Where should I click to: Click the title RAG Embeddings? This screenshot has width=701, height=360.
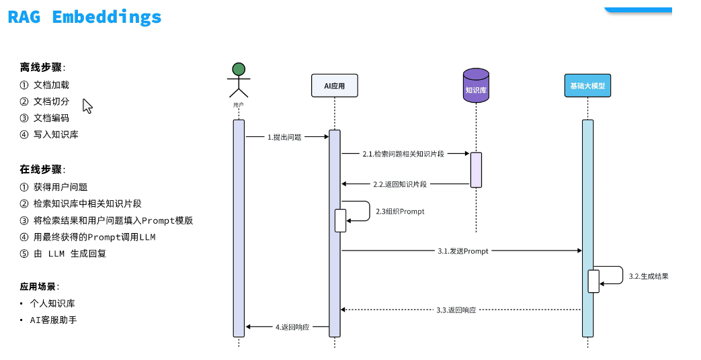pyautogui.click(x=85, y=17)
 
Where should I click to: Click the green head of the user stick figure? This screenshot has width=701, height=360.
pyautogui.click(x=238, y=69)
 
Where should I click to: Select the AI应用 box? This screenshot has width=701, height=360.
pyautogui.click(x=334, y=86)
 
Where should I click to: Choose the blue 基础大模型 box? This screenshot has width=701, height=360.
pyautogui.click(x=587, y=86)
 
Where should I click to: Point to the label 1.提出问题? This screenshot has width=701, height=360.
pyautogui.click(x=284, y=137)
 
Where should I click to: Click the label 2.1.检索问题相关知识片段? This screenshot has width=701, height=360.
pyautogui.click(x=403, y=154)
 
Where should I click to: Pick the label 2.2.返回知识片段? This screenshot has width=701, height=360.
pyautogui.click(x=400, y=184)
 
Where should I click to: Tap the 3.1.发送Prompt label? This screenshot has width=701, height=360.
pyautogui.click(x=462, y=251)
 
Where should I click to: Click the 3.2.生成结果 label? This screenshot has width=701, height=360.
pyautogui.click(x=649, y=276)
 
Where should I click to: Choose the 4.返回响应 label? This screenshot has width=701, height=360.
pyautogui.click(x=292, y=327)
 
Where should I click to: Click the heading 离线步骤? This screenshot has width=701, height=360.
pyautogui.click(x=42, y=67)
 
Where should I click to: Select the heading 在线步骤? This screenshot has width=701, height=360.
pyautogui.click(x=42, y=169)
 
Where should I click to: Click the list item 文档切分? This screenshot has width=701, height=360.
pyautogui.click(x=51, y=101)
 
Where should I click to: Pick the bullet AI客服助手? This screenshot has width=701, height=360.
pyautogui.click(x=53, y=320)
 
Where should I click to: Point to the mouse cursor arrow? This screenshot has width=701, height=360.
pyautogui.click(x=87, y=106)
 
